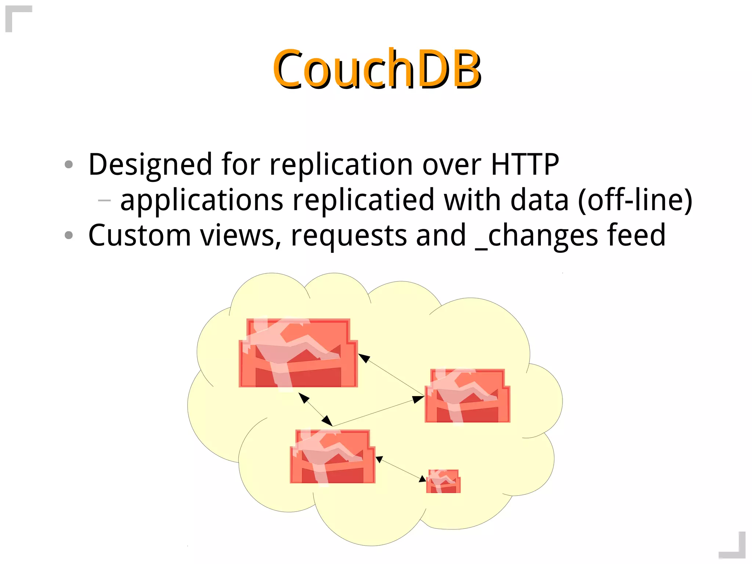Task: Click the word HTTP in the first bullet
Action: [x=525, y=164]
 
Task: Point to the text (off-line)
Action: [x=635, y=200]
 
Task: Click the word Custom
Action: [x=140, y=235]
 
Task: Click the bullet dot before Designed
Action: [x=69, y=164]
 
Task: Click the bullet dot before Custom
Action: [x=69, y=235]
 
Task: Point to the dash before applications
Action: [x=104, y=200]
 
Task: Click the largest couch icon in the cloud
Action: [x=298, y=353]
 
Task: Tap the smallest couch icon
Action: [x=443, y=481]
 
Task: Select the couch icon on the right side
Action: [x=467, y=396]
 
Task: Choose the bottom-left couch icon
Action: [x=332, y=456]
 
